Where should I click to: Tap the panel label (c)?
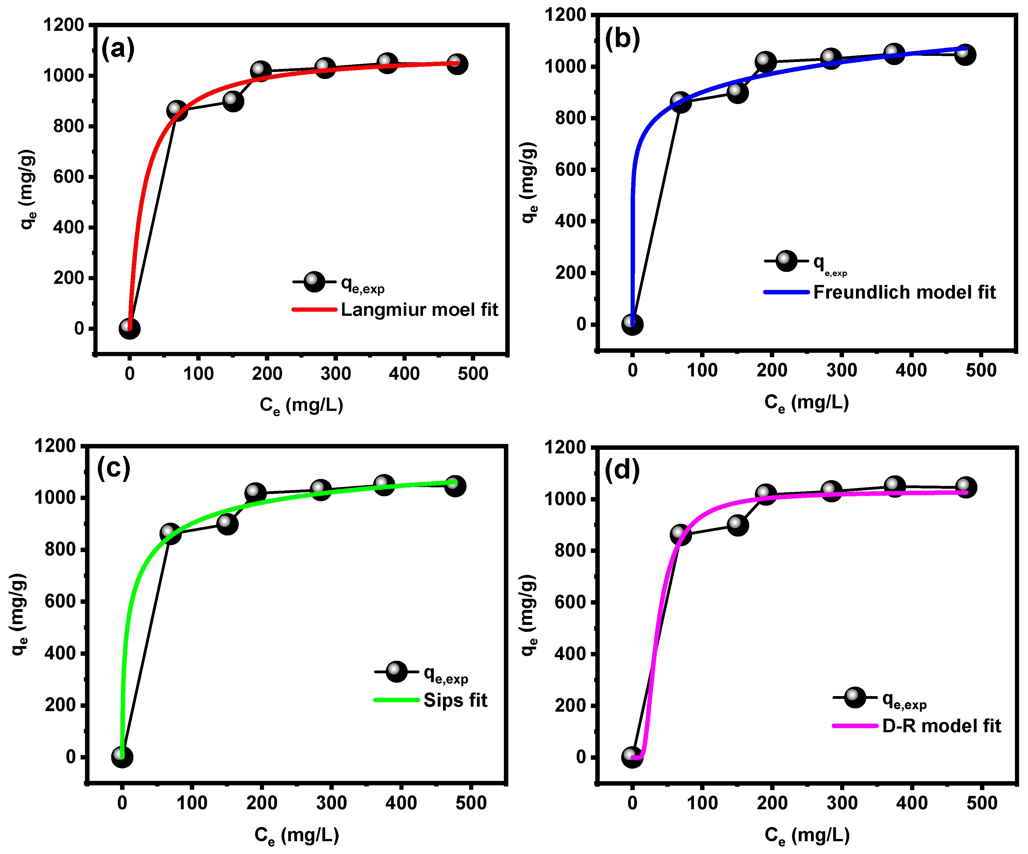coord(114,468)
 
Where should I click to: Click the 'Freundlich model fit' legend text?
coord(904,292)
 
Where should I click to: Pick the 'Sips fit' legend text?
coord(455,700)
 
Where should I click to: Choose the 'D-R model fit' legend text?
coord(941,726)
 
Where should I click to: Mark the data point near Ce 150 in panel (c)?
coord(227,524)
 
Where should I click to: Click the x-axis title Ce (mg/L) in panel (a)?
coord(301,405)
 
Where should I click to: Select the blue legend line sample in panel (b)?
coord(786,292)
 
